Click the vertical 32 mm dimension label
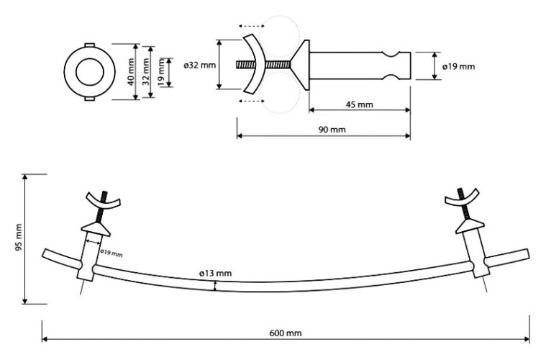(147, 72)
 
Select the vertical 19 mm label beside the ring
(163, 72)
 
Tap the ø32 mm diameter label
(199, 65)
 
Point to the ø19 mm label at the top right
(458, 66)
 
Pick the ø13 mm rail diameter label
(215, 273)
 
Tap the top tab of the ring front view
(90, 45)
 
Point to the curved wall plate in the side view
(252, 65)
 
